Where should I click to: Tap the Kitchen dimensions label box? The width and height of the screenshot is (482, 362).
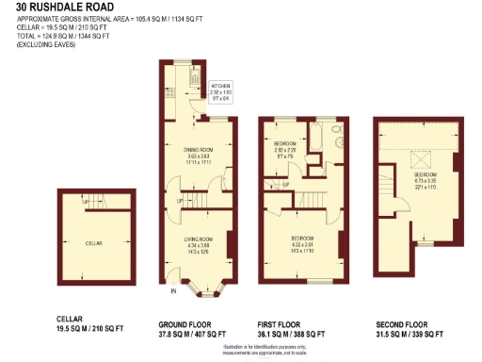click(x=220, y=90)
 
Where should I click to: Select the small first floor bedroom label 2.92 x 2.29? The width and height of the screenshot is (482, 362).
click(x=285, y=150)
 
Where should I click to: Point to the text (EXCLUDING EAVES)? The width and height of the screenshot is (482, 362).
click(x=40, y=44)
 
